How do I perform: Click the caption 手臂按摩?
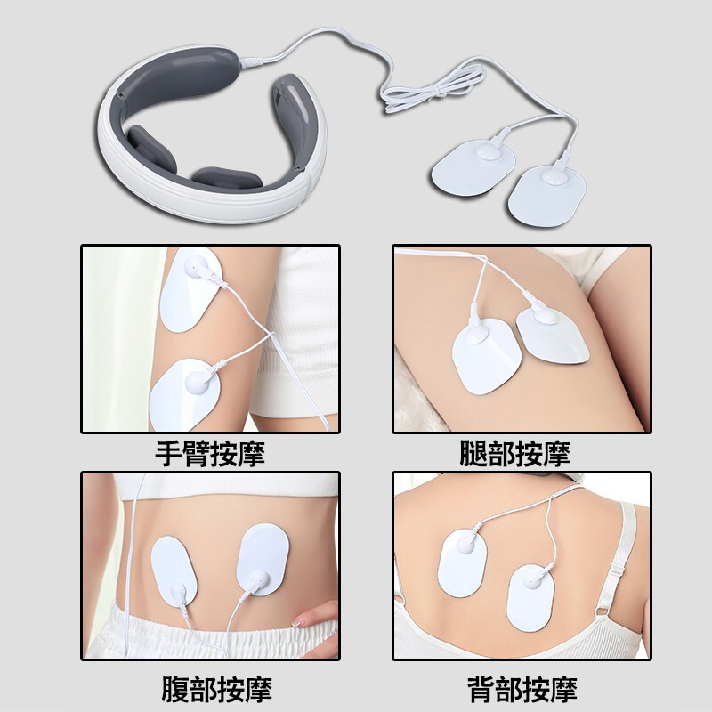(x=210, y=453)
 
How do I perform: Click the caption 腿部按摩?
(x=514, y=453)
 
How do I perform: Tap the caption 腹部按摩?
(x=216, y=689)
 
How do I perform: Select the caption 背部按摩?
(x=522, y=689)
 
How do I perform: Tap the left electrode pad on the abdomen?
(x=174, y=572)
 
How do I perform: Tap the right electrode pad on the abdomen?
(x=263, y=560)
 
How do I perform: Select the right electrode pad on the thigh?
(x=553, y=336)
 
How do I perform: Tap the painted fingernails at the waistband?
(x=298, y=621)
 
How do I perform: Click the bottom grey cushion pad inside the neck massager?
(x=227, y=179)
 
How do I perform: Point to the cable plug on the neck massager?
(x=251, y=61)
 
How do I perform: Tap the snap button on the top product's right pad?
(x=554, y=176)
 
